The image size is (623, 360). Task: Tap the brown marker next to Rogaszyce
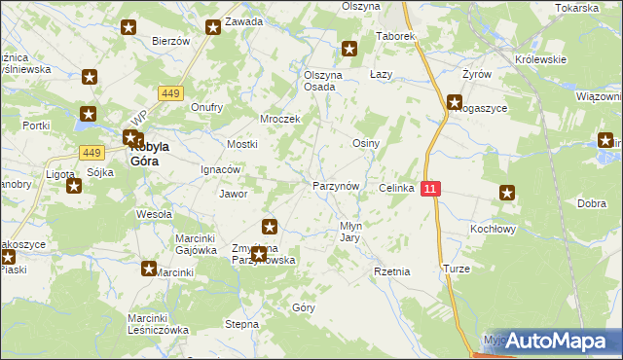455,101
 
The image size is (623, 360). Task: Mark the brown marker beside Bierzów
128,27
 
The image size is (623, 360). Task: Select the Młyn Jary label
350,231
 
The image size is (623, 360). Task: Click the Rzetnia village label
391,272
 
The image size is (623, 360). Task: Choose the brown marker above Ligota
74,185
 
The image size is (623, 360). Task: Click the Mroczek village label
279,119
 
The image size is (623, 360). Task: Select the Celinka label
397,188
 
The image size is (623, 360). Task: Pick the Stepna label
241,324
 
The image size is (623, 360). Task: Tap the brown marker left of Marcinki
149,269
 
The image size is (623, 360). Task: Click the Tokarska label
577,7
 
